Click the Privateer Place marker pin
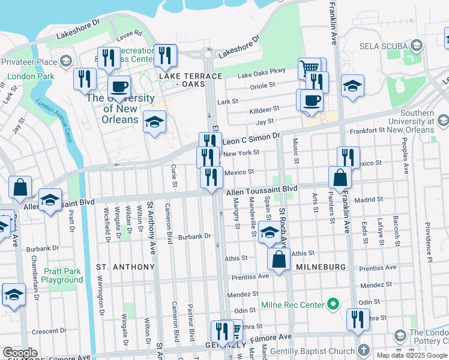point(65,61)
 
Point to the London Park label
point(30,76)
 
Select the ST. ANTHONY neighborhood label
point(125,266)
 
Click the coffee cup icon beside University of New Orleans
point(119,86)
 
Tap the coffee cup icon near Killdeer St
point(311,100)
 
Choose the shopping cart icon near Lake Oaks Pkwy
point(309,68)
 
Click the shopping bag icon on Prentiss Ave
point(280,260)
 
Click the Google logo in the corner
point(20,353)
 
